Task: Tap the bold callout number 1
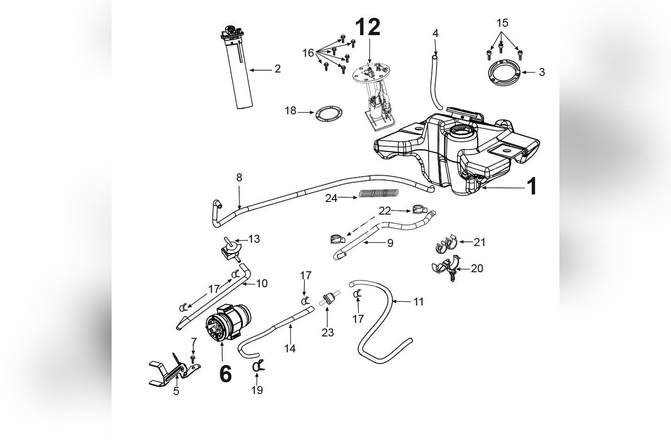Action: [531, 186]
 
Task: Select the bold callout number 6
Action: [225, 374]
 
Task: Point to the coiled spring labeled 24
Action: [379, 193]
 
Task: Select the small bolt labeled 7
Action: [193, 359]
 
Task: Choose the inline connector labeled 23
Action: [327, 298]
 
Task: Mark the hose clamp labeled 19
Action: [257, 367]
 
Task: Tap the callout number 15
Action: [502, 23]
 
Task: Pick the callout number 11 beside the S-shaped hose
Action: [418, 302]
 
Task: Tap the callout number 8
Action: [239, 178]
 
